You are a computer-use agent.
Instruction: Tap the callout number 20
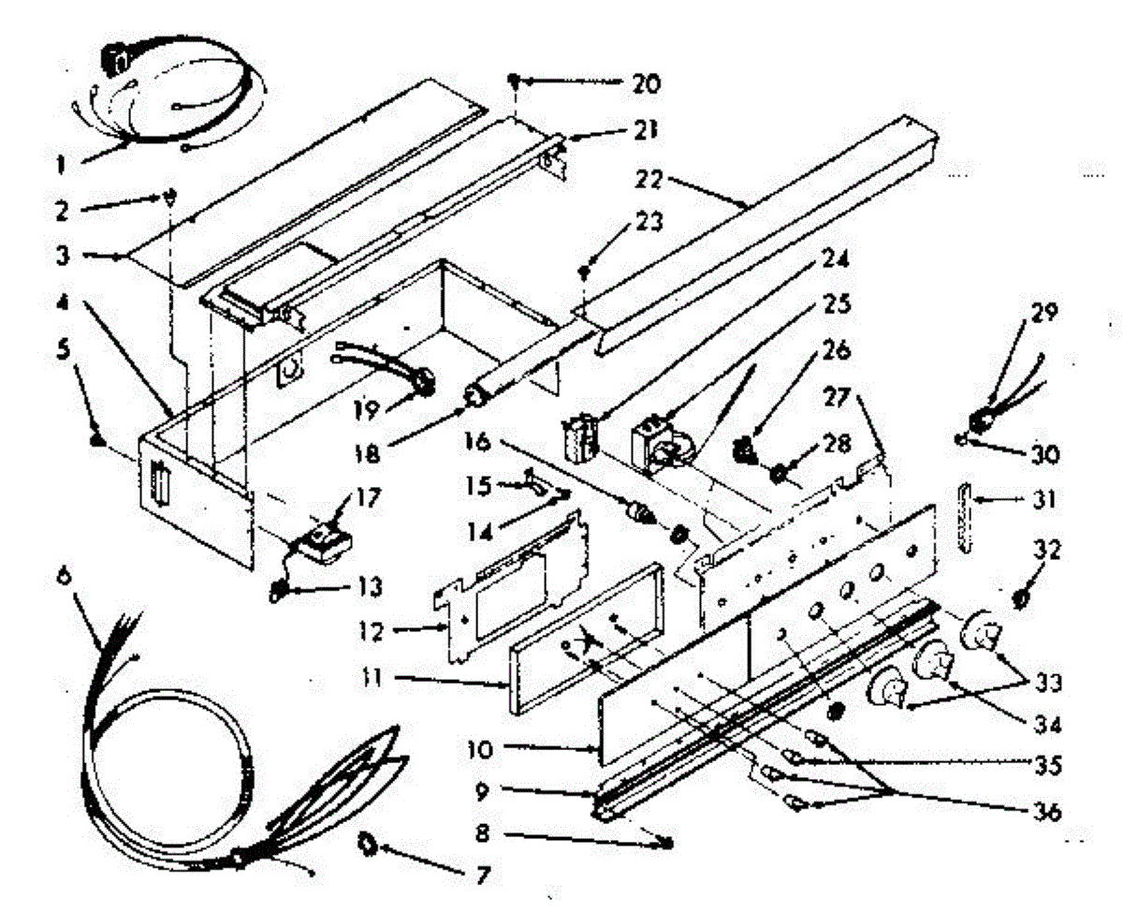[645, 83]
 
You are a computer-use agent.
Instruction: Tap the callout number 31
[1041, 501]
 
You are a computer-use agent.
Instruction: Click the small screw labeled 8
[665, 843]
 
